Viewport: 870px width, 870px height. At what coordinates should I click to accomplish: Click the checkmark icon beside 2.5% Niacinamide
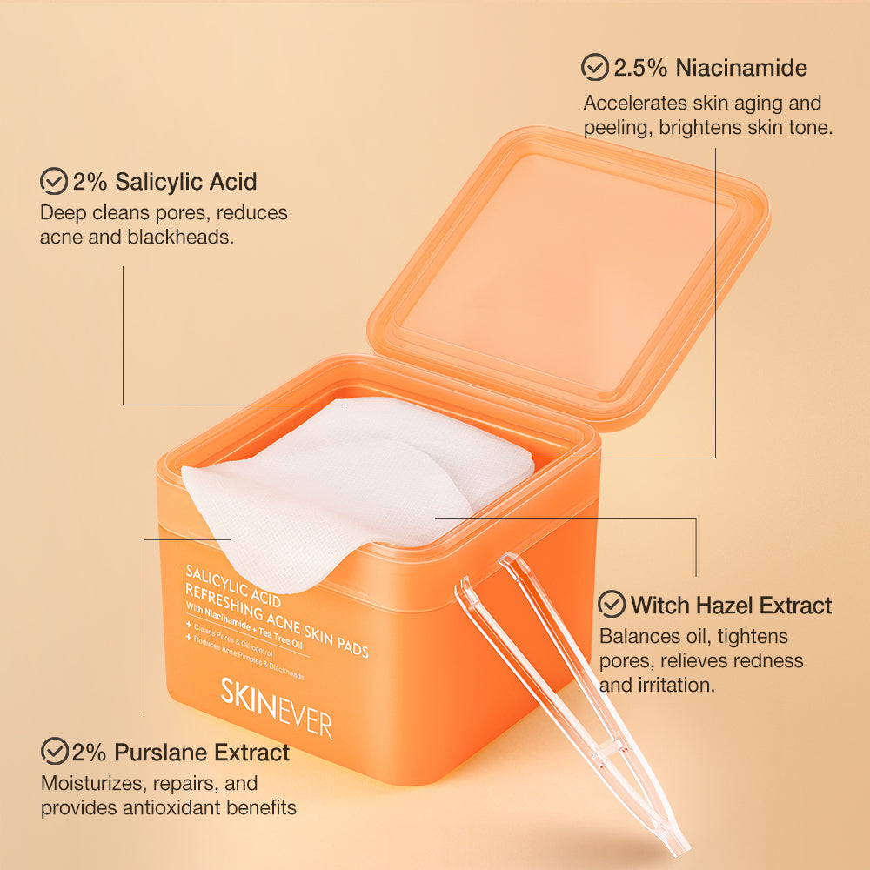point(595,67)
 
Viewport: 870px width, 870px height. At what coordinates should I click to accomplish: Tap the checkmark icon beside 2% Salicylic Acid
point(54,181)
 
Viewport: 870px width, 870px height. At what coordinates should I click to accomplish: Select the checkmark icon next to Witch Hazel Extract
point(612,604)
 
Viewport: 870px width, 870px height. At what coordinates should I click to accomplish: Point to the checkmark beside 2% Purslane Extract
point(55,750)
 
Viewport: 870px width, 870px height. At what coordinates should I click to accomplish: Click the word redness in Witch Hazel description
point(765,660)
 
